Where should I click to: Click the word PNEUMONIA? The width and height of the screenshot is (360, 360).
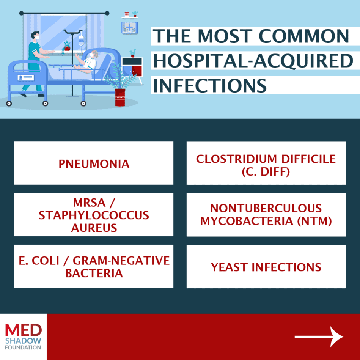point(94,164)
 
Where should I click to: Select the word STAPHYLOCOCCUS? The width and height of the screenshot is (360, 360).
point(94,215)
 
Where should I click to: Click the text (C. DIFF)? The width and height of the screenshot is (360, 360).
point(266,172)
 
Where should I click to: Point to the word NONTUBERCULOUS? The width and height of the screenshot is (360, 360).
point(266,208)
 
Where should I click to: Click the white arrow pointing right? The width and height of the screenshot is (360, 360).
point(319,336)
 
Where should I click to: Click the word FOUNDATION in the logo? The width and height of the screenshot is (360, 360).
point(23,347)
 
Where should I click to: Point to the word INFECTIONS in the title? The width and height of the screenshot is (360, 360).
point(210,85)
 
